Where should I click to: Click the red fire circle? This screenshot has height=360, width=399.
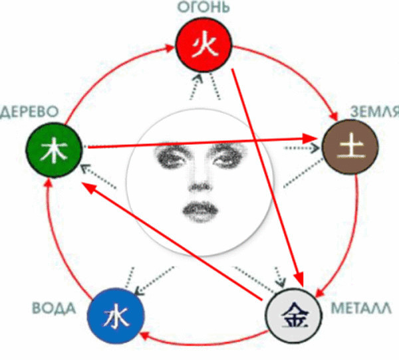point(203,45)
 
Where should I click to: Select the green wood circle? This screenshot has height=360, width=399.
point(54,150)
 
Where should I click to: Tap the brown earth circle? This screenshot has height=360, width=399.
point(350,147)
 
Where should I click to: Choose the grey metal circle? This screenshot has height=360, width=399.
point(294,315)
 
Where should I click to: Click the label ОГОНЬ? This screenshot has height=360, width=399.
point(203,7)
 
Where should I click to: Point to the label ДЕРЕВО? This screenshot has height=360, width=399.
point(29,112)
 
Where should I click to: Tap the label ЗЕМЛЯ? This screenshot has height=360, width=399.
point(374,111)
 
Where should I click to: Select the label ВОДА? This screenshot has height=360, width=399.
point(54,308)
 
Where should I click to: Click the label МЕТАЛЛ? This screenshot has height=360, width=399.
point(361,308)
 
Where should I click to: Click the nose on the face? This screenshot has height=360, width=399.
point(200,187)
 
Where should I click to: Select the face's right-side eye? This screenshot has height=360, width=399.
point(228,157)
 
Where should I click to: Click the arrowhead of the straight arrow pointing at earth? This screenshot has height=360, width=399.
point(310,139)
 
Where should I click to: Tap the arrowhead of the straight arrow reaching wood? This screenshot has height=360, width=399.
point(89,187)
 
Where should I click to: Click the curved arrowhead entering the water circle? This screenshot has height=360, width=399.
point(143,336)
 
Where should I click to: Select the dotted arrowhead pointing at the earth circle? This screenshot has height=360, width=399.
point(316,148)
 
